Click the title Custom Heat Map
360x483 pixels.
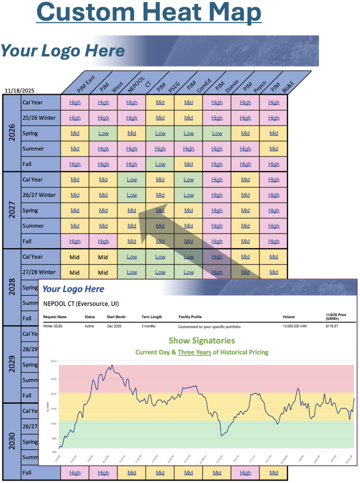point(149,13)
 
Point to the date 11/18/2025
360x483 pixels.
point(19,90)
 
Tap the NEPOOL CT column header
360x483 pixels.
point(138,83)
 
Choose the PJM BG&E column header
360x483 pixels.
point(281,83)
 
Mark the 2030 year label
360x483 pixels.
point(12,441)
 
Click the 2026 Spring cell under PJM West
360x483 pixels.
point(103,133)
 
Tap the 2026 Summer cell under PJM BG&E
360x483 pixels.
point(274,149)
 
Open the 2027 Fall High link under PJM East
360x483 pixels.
point(75,241)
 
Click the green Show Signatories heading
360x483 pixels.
point(202,341)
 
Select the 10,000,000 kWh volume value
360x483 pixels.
point(297,327)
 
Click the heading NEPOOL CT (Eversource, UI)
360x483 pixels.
point(81,304)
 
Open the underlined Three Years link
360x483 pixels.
point(194,352)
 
